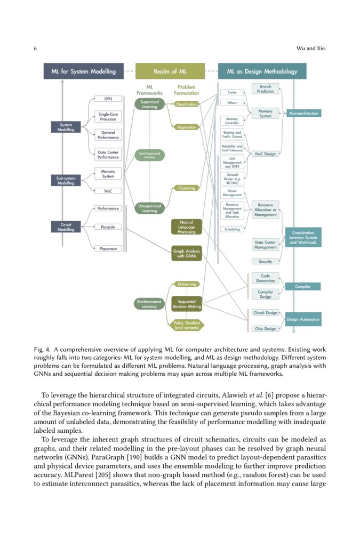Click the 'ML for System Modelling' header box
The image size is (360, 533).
coord(83,71)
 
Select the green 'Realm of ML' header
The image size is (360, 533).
coord(170,71)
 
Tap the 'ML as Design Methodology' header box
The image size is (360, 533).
coord(262,71)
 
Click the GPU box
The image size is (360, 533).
coord(108,99)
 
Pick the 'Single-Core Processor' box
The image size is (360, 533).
coord(108,116)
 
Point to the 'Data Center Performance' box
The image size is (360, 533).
coord(108,155)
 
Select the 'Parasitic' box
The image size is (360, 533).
coord(108,227)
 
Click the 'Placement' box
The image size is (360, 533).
coord(108,248)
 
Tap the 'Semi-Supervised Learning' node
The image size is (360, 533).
coord(149,155)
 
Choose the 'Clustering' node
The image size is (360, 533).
coord(186,188)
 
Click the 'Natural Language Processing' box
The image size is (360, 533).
coord(186,227)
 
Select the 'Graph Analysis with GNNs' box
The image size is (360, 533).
coord(186,253)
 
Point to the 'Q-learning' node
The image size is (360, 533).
coord(186,284)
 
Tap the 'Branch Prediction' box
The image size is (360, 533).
coord(265,88)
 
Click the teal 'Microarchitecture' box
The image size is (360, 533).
coord(304,114)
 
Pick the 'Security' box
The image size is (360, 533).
coord(265,261)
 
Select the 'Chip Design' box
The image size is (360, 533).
coord(265,328)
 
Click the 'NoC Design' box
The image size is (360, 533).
coord(265,154)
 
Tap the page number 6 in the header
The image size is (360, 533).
coord(35,49)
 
